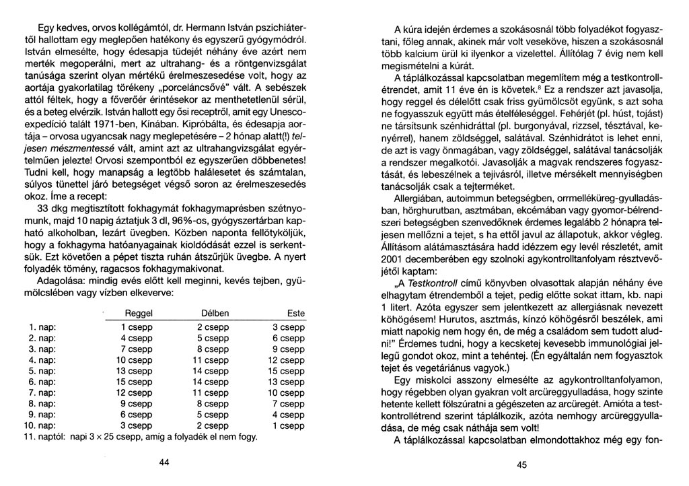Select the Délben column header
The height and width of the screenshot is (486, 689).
(214, 314)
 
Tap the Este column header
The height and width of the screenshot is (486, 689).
(295, 314)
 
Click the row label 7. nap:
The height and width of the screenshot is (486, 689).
(43, 392)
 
